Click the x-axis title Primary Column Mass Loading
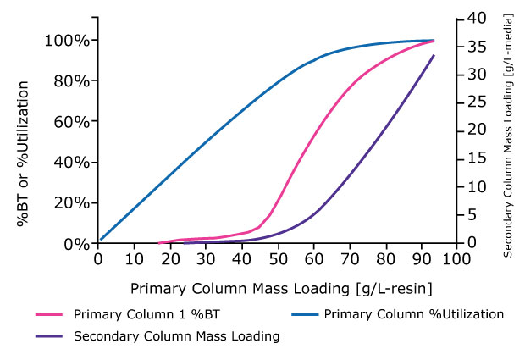click(x=276, y=288)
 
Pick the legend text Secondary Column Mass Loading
click(x=177, y=336)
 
